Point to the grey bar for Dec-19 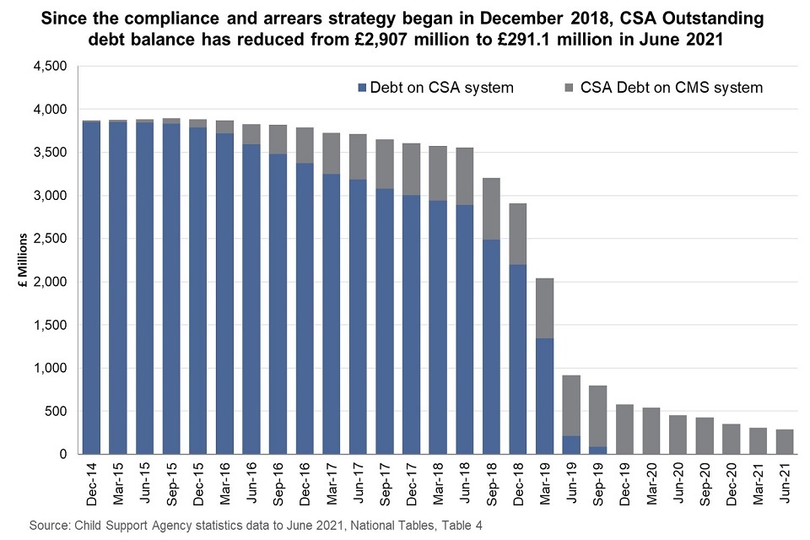click(625, 429)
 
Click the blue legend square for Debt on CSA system click(363, 87)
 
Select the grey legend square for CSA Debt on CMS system click(570, 87)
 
